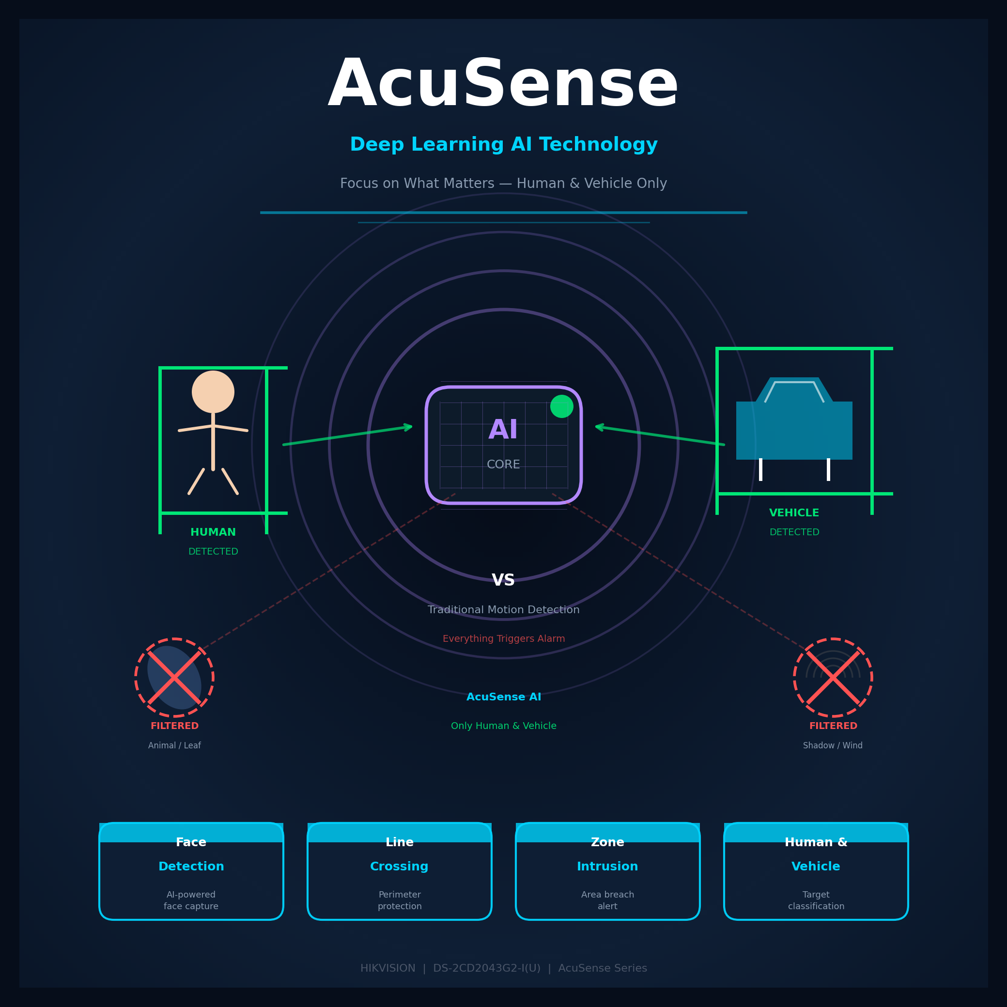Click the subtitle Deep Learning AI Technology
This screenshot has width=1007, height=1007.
pos(504,144)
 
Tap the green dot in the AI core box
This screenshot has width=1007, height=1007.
pos(562,406)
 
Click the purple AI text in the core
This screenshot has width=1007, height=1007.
pos(503,430)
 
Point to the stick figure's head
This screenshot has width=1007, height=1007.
pos(213,392)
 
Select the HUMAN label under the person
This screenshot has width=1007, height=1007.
pos(213,532)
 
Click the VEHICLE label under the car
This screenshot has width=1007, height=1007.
pos(794,513)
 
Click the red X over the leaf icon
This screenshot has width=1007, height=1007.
pos(174,678)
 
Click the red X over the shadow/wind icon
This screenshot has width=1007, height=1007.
pos(833,678)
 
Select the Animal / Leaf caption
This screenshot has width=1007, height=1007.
pos(174,745)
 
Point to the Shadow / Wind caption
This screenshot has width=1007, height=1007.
pos(833,745)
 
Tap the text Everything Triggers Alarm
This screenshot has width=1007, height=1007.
pos(504,638)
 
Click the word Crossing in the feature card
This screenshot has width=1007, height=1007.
pos(399,866)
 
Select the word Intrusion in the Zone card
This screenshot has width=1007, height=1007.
pos(607,866)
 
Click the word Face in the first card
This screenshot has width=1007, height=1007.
pos(191,842)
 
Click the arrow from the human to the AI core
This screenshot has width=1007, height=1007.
pos(348,436)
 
